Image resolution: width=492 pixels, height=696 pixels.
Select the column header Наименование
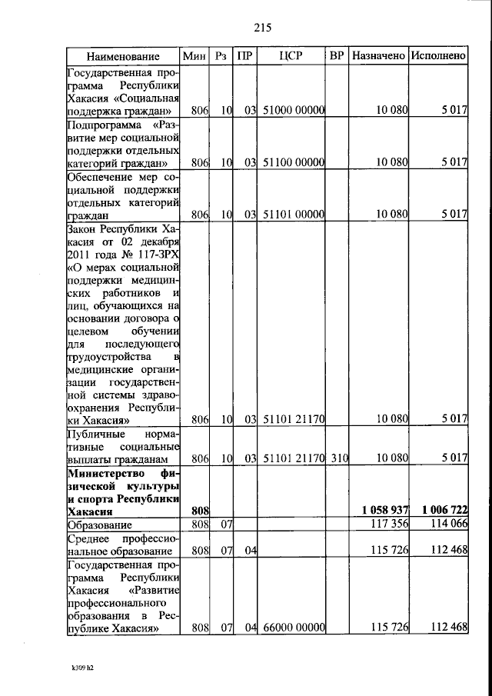(123, 56)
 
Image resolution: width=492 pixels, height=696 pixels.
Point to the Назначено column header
(378, 56)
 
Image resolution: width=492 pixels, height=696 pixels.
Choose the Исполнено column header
(438, 56)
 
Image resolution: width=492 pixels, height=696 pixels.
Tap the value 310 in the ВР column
(340, 458)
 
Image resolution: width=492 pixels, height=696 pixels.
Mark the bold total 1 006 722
(439, 510)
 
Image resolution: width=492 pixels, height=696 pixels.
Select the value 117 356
(387, 524)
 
